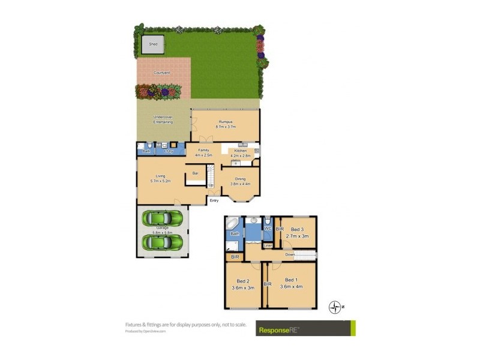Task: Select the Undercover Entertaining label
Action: point(163,119)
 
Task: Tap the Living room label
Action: point(160,178)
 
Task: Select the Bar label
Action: point(195,173)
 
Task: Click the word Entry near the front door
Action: point(214,200)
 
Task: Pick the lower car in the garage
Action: point(161,242)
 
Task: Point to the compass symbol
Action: point(335,307)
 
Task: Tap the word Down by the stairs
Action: point(290,254)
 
